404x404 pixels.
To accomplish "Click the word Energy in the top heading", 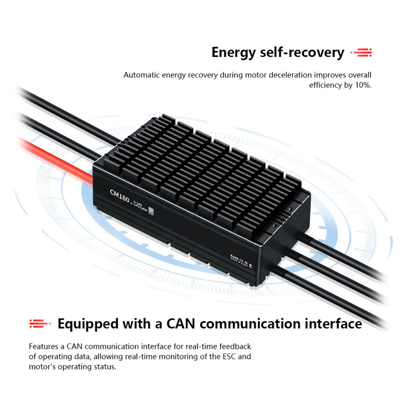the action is (x=233, y=53).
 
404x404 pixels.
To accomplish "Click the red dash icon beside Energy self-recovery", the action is (x=362, y=53).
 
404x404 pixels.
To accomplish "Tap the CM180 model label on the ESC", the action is (x=120, y=195).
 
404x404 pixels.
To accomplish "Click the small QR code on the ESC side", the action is (x=151, y=212).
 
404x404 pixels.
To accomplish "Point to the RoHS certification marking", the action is (x=235, y=256).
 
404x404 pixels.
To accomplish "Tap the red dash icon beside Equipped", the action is (x=40, y=324).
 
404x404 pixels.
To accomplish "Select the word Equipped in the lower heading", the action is (x=88, y=324).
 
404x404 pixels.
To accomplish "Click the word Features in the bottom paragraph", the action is (x=44, y=347).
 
